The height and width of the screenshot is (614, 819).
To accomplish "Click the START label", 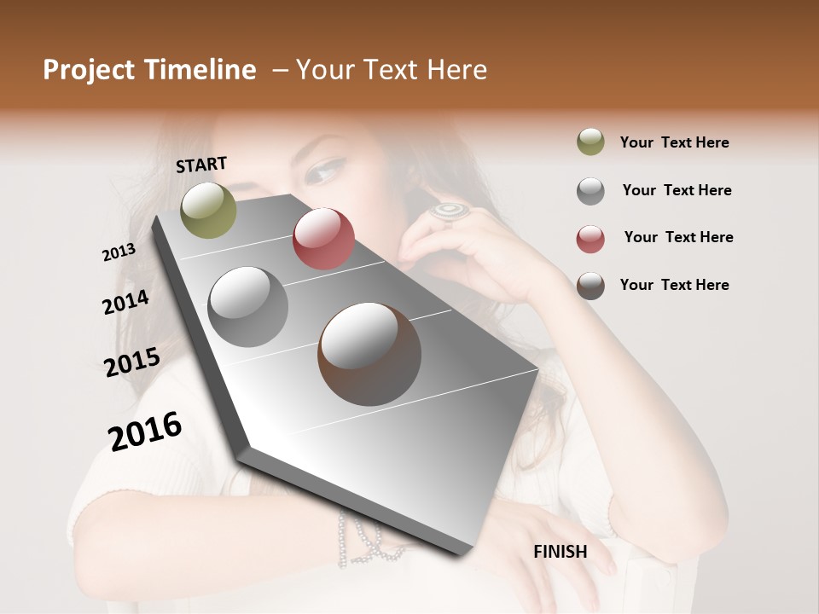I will pyautogui.click(x=201, y=165).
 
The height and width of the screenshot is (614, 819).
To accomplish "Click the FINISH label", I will pyautogui.click(x=561, y=552).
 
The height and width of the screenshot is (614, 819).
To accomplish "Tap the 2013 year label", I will pyautogui.click(x=119, y=252).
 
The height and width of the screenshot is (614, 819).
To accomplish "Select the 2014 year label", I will pyautogui.click(x=125, y=302).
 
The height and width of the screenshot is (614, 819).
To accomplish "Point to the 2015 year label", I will pyautogui.click(x=131, y=362).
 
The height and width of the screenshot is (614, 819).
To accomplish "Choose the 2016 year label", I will pyautogui.click(x=145, y=432).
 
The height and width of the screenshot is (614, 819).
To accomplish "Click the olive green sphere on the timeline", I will pyautogui.click(x=208, y=210).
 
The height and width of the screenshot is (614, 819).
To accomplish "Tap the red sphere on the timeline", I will pyautogui.click(x=323, y=239).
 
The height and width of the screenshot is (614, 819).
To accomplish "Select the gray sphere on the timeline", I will pyautogui.click(x=248, y=307).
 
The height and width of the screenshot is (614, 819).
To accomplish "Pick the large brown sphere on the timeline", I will pyautogui.click(x=369, y=353).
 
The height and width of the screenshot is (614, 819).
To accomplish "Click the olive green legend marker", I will pyautogui.click(x=590, y=142).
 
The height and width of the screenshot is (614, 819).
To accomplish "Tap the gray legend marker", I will pyautogui.click(x=590, y=191).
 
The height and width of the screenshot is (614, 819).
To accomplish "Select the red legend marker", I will pyautogui.click(x=590, y=239).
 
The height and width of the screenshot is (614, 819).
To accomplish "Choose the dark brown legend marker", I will pyautogui.click(x=590, y=286).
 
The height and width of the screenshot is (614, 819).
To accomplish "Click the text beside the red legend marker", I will pyautogui.click(x=678, y=237).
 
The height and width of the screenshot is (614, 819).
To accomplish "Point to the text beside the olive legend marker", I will pyautogui.click(x=674, y=142).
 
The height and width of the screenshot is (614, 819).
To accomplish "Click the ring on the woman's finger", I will pyautogui.click(x=448, y=211).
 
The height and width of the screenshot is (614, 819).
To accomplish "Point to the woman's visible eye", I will pyautogui.click(x=322, y=173).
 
